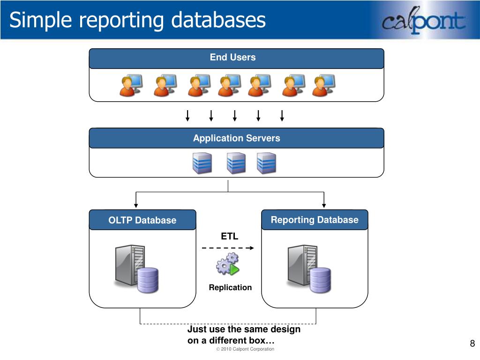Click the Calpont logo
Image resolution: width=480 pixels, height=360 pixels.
(423, 22)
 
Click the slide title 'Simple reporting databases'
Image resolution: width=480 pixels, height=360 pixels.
(137, 20)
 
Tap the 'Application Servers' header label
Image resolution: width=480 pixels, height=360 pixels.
(236, 138)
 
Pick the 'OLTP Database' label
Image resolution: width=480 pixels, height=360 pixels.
(142, 220)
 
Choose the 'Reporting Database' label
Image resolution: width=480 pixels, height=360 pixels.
(315, 220)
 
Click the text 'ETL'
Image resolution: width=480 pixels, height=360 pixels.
(230, 237)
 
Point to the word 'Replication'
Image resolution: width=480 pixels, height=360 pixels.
(230, 287)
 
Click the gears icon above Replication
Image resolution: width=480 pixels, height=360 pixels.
(227, 264)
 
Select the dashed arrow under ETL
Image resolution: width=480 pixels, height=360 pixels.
(228, 247)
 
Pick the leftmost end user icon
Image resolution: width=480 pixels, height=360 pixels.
(130, 85)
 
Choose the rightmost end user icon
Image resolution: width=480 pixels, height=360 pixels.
(323, 85)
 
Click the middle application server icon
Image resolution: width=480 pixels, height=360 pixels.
(236, 163)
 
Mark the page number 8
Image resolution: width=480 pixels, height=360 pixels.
(472, 344)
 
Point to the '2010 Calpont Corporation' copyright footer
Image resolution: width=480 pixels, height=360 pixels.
(245, 349)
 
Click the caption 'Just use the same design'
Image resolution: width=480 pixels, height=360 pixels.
(244, 330)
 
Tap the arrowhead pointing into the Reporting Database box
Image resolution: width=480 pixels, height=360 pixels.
(323, 204)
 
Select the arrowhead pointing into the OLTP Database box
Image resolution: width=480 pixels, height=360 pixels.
(136, 204)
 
